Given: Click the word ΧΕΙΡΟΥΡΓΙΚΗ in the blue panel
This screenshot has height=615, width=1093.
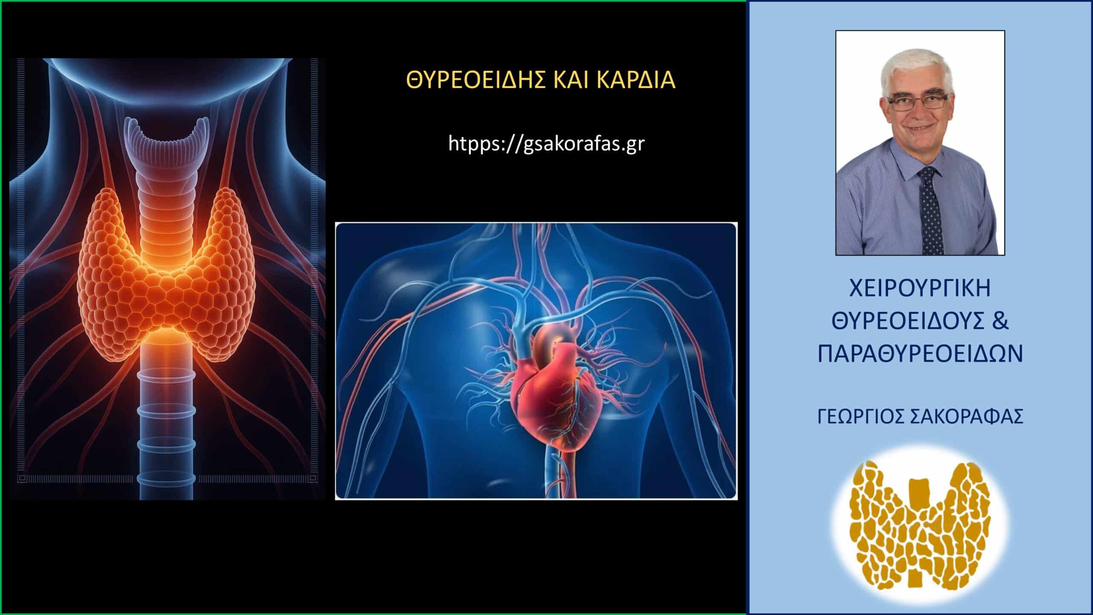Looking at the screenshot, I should click(920, 289).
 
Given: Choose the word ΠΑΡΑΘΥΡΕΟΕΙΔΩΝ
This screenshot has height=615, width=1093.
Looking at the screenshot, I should click(920, 353).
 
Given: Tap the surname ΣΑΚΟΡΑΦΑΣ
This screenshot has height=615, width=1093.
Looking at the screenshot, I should click(973, 416).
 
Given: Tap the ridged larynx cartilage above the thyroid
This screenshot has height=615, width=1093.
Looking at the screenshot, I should click(167, 141).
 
